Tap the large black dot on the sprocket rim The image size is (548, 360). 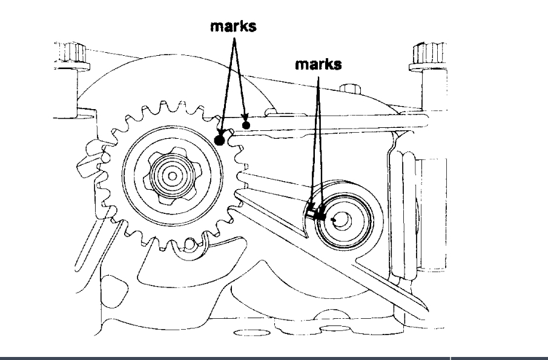coord(220,141)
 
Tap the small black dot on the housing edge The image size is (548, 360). coord(246,125)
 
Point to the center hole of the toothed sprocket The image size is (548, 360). coord(173,176)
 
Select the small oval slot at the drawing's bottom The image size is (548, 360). coord(246,333)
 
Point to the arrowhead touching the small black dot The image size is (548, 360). coord(244,119)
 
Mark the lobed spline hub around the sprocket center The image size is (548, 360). coord(172,176)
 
